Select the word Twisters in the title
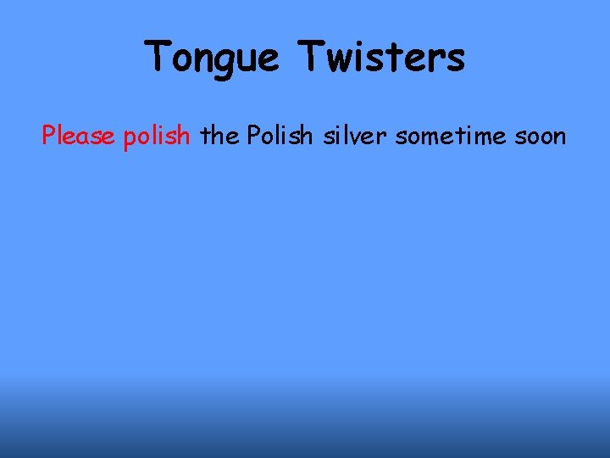coord(381,58)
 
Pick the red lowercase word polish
coord(157,136)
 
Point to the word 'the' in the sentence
coord(220,136)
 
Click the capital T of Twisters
coord(313,56)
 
